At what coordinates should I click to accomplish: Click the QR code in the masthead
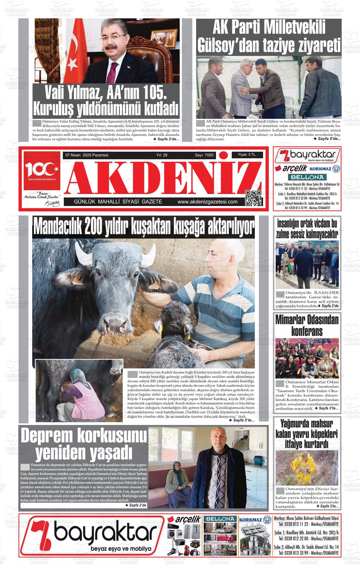254,198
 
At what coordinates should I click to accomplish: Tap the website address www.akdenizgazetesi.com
207,202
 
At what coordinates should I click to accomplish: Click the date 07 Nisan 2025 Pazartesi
87,155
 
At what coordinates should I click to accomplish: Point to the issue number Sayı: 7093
204,155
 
